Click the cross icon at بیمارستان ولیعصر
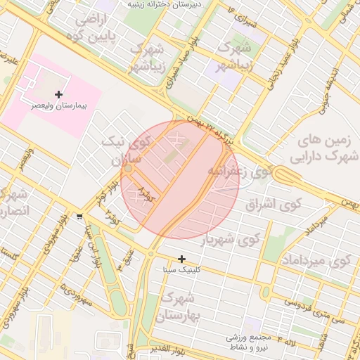tap(58, 94)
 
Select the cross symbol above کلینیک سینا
tap(182, 259)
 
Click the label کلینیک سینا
tap(181, 269)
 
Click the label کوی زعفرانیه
tap(240, 171)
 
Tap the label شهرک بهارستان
tap(181, 307)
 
